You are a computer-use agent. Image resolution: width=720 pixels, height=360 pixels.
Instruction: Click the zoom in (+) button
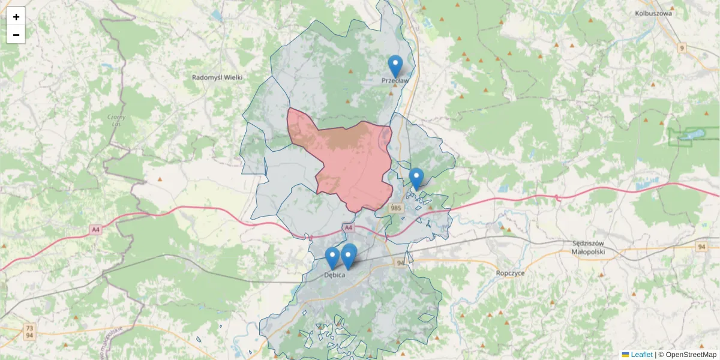tap(16, 17)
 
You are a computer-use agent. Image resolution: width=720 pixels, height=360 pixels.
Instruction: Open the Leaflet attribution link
tap(641, 355)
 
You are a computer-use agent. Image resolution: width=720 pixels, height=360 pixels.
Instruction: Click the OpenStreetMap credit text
tap(692, 355)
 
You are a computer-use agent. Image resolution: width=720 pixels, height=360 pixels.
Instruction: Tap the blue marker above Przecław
tap(395, 65)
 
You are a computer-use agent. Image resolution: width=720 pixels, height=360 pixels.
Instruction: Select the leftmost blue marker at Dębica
tap(332, 257)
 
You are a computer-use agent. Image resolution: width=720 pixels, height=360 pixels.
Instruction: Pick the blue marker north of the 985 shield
tap(416, 178)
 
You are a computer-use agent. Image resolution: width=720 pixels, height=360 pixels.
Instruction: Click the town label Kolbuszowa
tap(654, 13)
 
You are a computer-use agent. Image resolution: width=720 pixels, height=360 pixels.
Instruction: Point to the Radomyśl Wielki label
tap(217, 77)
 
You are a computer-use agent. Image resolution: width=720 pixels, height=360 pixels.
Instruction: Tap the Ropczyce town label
tap(511, 272)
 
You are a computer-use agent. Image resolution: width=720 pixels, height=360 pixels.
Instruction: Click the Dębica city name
tap(334, 275)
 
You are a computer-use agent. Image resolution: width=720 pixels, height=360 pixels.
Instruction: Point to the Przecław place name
tap(395, 80)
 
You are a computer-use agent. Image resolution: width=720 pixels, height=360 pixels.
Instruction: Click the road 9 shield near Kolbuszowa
tap(682, 47)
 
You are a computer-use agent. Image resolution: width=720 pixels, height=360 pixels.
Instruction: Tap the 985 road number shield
tap(396, 208)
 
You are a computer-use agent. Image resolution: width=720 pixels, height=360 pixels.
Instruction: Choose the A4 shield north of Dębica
tap(349, 227)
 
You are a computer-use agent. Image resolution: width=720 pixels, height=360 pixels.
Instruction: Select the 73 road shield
tap(29, 328)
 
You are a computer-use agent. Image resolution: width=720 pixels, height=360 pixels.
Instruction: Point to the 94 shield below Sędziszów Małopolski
tap(702, 247)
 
